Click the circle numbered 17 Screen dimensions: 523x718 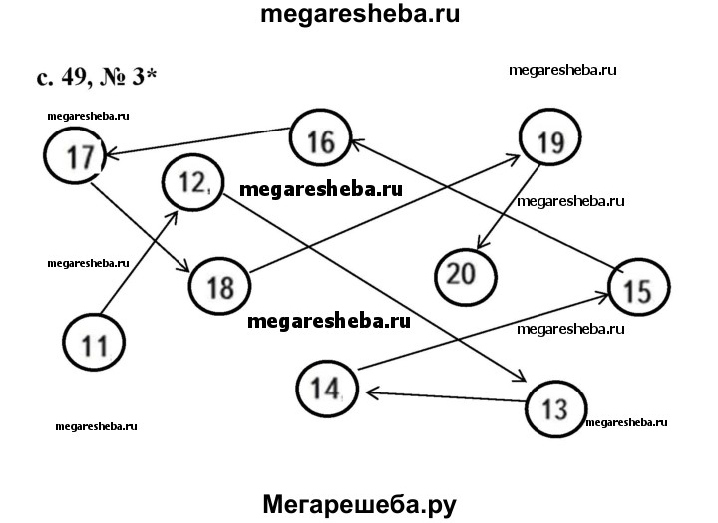tap(74, 156)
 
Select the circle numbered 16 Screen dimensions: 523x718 tap(320, 140)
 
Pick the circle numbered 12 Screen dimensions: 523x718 tap(192, 181)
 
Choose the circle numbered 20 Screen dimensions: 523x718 tap(466, 272)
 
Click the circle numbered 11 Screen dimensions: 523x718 tap(93, 344)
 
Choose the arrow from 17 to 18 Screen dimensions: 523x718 tap(140, 227)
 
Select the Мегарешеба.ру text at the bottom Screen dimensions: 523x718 tap(360, 503)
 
